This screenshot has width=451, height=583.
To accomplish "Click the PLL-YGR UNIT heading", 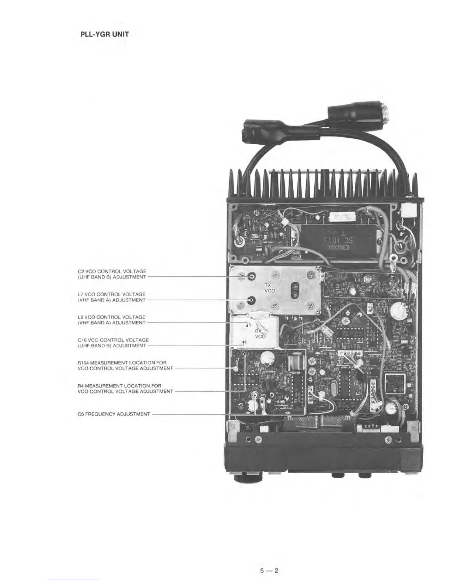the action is tap(105, 35).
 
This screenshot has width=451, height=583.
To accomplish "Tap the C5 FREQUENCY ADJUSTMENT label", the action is tap(114, 414).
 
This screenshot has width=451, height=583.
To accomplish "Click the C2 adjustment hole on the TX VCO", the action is tap(252, 277).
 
